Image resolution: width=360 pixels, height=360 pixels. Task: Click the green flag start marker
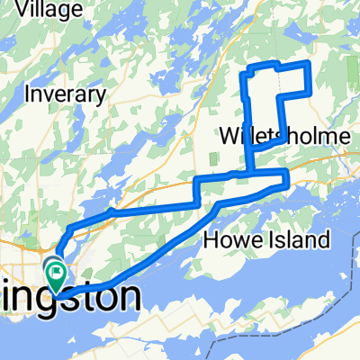pos(56,270)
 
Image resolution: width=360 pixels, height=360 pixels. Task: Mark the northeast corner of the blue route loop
pos(309,63)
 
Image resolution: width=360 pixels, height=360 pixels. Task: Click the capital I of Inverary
pos(30,94)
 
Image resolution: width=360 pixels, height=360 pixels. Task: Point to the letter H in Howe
pos(212,239)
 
